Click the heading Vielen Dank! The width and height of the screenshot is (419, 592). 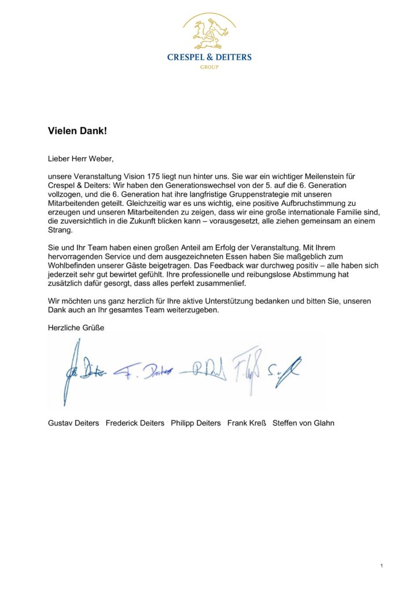[78, 131]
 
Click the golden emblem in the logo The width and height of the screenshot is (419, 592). [209, 33]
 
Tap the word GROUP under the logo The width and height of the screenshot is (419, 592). [209, 67]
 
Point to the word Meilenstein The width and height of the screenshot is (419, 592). [322, 176]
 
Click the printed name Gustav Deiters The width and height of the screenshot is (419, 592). [73, 423]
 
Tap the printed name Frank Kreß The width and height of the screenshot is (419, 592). [247, 423]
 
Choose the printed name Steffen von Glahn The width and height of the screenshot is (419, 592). [303, 423]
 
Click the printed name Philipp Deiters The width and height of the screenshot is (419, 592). [196, 423]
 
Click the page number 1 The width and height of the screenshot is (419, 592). [382, 565]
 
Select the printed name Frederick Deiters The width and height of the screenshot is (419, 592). [135, 423]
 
